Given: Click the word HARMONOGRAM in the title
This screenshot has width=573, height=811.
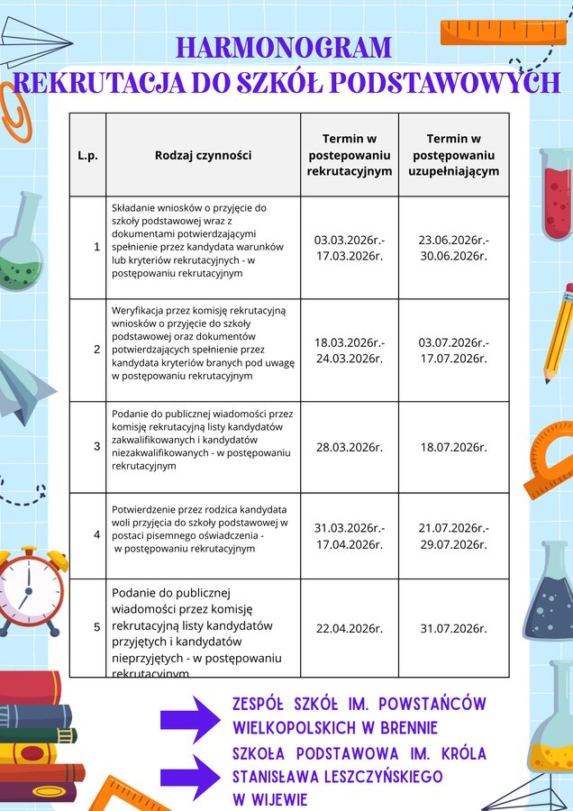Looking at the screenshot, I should pos(284,47).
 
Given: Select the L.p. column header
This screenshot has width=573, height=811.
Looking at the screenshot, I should pos(87,155).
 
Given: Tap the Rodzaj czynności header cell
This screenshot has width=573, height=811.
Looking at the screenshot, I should pos(203,155).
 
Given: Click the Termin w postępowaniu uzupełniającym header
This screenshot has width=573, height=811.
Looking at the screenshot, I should pos(453,155).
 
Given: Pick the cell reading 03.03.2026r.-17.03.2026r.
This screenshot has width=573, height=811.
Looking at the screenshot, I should pos(350,248).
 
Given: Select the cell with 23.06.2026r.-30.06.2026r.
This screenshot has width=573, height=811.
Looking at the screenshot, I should pos(453,248).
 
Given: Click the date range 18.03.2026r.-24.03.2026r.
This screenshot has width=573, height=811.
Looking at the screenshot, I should pos(350,350).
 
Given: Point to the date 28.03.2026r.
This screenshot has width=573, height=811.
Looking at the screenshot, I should pos(350,447).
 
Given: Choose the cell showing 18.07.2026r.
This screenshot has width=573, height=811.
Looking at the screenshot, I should pos(453,447).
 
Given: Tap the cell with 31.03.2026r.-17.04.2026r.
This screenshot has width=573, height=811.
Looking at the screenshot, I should pos(350,535).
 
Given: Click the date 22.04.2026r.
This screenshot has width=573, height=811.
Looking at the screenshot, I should pos(350,628).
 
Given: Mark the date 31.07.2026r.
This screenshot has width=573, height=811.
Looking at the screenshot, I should pos(453,628).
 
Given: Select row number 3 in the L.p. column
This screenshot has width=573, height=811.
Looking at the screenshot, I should pos(96,446).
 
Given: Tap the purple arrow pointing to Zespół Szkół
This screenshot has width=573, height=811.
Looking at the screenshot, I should pos(189,718).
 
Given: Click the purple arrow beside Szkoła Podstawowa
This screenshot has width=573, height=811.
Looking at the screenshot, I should pos(189,776).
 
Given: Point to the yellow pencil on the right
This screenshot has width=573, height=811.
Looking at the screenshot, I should pos(558,333).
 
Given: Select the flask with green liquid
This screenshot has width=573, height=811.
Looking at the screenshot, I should pos(20,243).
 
